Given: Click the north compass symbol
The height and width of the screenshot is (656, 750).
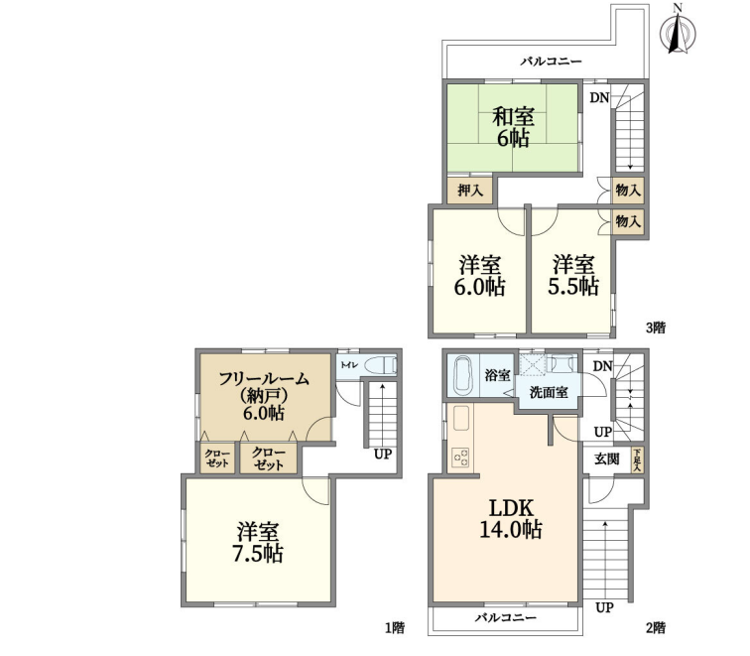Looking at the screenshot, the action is point(678,30).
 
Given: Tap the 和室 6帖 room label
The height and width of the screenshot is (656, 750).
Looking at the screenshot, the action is point(513,127).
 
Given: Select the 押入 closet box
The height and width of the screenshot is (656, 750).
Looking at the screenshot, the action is point(469,191).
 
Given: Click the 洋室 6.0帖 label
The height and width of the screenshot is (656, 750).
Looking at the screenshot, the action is point(479,276).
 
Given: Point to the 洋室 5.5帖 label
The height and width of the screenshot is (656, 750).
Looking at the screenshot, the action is point(573,276).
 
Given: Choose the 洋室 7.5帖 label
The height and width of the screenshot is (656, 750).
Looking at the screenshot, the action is point(257,542).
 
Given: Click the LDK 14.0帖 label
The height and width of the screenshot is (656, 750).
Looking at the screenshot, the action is point(510,518).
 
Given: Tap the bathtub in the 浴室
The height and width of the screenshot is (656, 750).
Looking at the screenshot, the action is point(463,375).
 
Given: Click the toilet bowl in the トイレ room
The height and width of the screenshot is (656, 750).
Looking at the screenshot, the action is point(381,365).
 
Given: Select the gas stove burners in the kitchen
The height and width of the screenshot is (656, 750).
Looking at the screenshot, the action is point(461,459).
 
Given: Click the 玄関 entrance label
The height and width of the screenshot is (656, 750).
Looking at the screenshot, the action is point(606,459).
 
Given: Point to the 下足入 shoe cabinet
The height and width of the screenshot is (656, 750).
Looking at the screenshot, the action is point(637,460).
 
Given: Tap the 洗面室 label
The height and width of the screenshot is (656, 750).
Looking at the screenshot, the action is point(549,392).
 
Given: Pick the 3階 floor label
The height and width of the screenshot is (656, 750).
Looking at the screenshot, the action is point(656,328).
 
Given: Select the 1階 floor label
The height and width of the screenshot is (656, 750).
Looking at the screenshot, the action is point(395,628).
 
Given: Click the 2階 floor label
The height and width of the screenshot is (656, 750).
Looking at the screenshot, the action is point(656,628).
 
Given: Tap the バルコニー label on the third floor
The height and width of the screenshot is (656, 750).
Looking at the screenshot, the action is point(552,62).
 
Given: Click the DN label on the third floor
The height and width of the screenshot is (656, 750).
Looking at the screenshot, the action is point(599,97).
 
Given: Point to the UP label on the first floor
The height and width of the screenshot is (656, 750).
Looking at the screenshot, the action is point(383,454).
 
